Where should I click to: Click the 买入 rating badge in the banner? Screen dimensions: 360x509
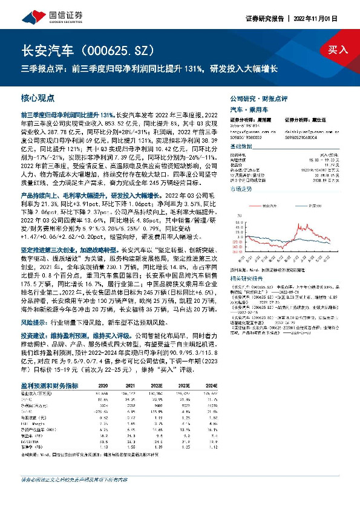(x=338, y=50)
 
